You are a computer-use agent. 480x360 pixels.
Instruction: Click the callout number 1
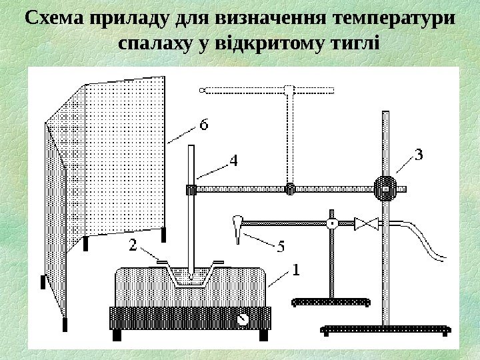click(x=296, y=270)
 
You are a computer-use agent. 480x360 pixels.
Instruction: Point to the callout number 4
click(x=234, y=161)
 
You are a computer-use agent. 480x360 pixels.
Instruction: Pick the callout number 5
click(x=280, y=247)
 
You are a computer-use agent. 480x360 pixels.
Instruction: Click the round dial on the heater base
click(x=243, y=318)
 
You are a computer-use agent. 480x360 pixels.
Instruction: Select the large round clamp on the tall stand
click(x=385, y=189)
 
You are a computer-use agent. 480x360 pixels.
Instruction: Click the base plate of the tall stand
click(x=386, y=329)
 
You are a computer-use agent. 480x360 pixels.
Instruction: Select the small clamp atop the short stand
click(x=331, y=224)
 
